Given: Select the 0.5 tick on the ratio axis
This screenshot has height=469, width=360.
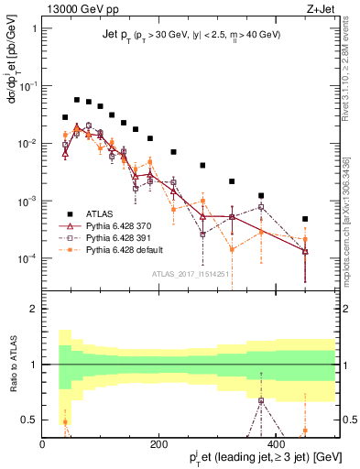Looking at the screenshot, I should [x=29, y=420].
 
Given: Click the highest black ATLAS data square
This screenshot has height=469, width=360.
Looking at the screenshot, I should [x=77, y=100].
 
